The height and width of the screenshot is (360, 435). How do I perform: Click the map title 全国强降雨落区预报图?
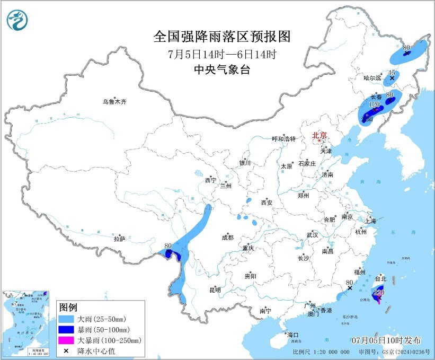pyautogui.click(x=222, y=37)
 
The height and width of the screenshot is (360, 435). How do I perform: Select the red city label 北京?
pyautogui.click(x=319, y=135)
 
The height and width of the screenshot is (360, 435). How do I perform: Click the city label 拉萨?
pyautogui.click(x=119, y=239)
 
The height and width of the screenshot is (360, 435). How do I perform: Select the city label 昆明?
pyautogui.click(x=215, y=290)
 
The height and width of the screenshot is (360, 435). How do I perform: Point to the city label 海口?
pyautogui.click(x=292, y=335)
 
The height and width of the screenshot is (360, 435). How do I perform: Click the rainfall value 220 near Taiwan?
pyautogui.click(x=378, y=292)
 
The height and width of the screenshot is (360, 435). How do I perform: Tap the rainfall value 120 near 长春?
pyautogui.click(x=374, y=106)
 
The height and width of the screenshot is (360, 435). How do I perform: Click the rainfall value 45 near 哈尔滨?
pyautogui.click(x=392, y=72)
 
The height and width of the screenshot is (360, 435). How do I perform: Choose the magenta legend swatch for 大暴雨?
pyautogui.click(x=67, y=340)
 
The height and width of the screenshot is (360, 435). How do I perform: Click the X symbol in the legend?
pyautogui.click(x=67, y=350)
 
